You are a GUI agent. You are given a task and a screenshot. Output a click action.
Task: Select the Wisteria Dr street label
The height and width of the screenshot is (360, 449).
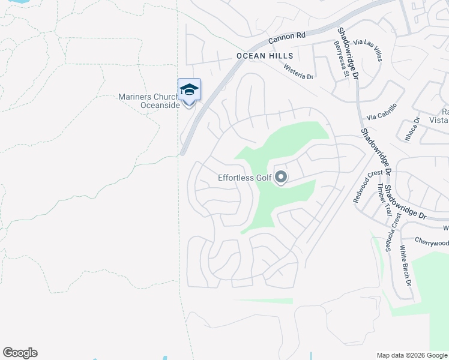coord(299,73)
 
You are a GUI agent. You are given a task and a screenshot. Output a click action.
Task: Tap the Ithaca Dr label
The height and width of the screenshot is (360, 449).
coord(415,128)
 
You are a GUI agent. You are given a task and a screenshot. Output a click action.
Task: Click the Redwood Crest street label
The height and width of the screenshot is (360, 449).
coord(367,186)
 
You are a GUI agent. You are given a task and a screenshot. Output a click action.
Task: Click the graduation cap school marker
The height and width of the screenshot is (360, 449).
coord(189,90)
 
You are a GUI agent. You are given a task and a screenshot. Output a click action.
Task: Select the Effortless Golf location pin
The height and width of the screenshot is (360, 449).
coord(280,177)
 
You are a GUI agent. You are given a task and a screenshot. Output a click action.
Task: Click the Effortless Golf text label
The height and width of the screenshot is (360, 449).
coord(244,178)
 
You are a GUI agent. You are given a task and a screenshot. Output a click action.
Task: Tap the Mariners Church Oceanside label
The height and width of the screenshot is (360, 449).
coord(148,101)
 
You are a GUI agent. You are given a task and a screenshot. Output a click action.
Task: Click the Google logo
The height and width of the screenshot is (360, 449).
coord(20,353)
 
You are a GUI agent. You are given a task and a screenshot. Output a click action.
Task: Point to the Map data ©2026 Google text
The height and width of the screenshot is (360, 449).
coord(411,355)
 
